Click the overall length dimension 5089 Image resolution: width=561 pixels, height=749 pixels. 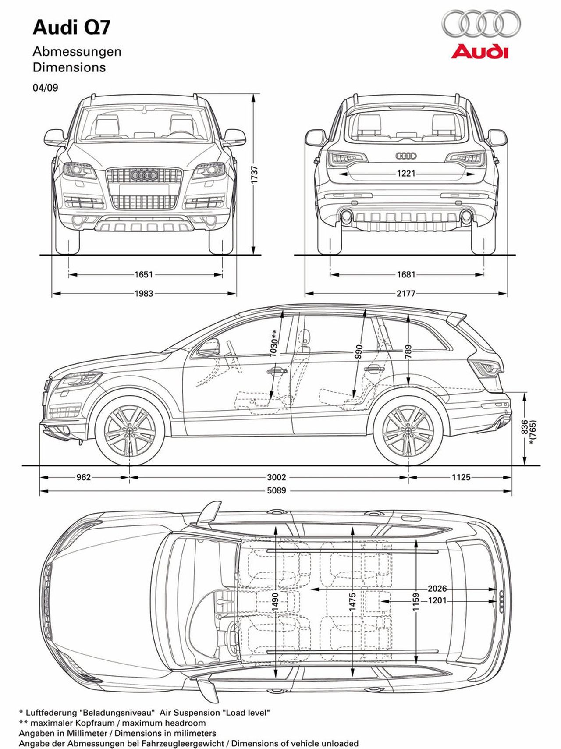click(x=277, y=490)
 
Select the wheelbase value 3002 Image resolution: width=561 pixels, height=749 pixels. click(x=277, y=477)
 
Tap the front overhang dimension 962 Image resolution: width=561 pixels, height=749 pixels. click(x=83, y=477)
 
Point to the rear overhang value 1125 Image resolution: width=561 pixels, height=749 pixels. click(x=461, y=477)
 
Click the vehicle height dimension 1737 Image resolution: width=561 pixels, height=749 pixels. click(x=255, y=174)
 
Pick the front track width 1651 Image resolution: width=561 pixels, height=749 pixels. click(x=144, y=275)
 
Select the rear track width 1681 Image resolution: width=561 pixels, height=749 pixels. click(x=406, y=275)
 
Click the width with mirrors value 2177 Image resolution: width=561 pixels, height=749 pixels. click(x=406, y=293)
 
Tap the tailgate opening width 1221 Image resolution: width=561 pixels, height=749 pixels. click(x=406, y=174)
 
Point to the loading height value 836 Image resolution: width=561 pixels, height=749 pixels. click(x=525, y=427)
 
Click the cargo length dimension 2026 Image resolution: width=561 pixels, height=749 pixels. click(x=437, y=589)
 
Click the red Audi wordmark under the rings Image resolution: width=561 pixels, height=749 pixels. click(x=480, y=51)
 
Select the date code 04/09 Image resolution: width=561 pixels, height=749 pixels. click(x=45, y=88)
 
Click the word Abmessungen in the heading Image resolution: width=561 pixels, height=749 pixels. click(x=77, y=51)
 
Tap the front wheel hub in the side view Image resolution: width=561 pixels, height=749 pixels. click(x=130, y=431)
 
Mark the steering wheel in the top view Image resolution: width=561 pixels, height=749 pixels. click(x=228, y=635)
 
